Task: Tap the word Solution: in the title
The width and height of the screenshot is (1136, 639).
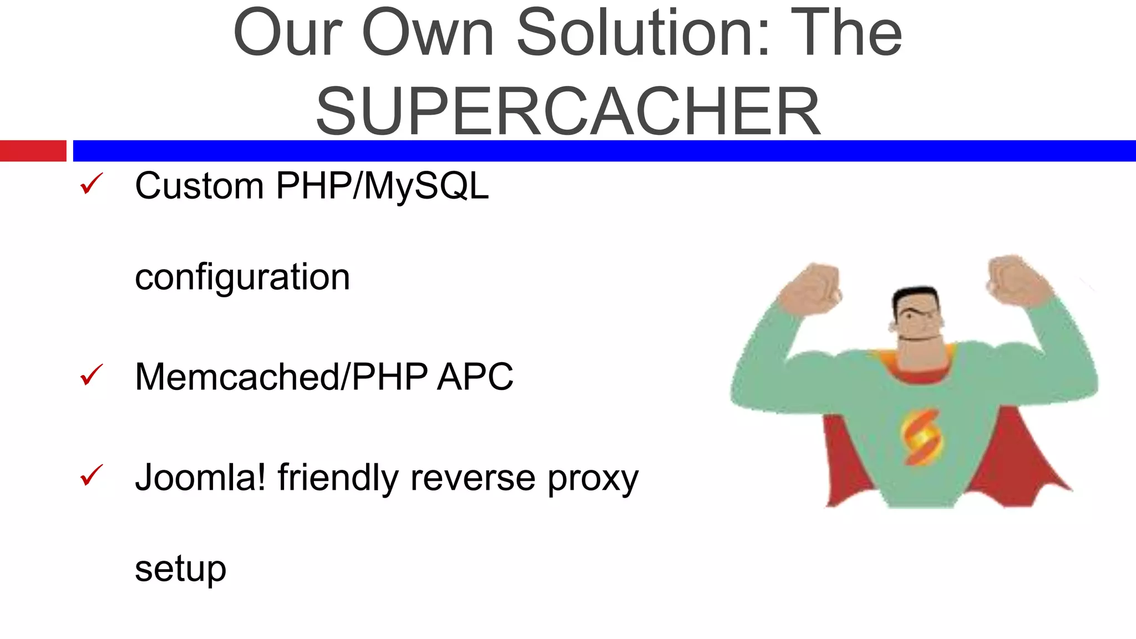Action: tap(643, 33)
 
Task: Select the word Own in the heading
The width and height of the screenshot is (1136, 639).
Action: tap(428, 33)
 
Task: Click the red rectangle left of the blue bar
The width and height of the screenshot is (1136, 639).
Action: tap(33, 151)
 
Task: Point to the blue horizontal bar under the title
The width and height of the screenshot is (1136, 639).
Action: tap(605, 151)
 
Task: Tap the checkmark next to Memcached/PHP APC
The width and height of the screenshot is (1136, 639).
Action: tap(92, 375)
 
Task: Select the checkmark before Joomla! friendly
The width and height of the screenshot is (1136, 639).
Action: tap(92, 475)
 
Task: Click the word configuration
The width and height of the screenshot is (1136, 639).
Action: tap(242, 277)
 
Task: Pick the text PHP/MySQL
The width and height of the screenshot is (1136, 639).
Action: tap(382, 186)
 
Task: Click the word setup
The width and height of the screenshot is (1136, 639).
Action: tap(180, 569)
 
